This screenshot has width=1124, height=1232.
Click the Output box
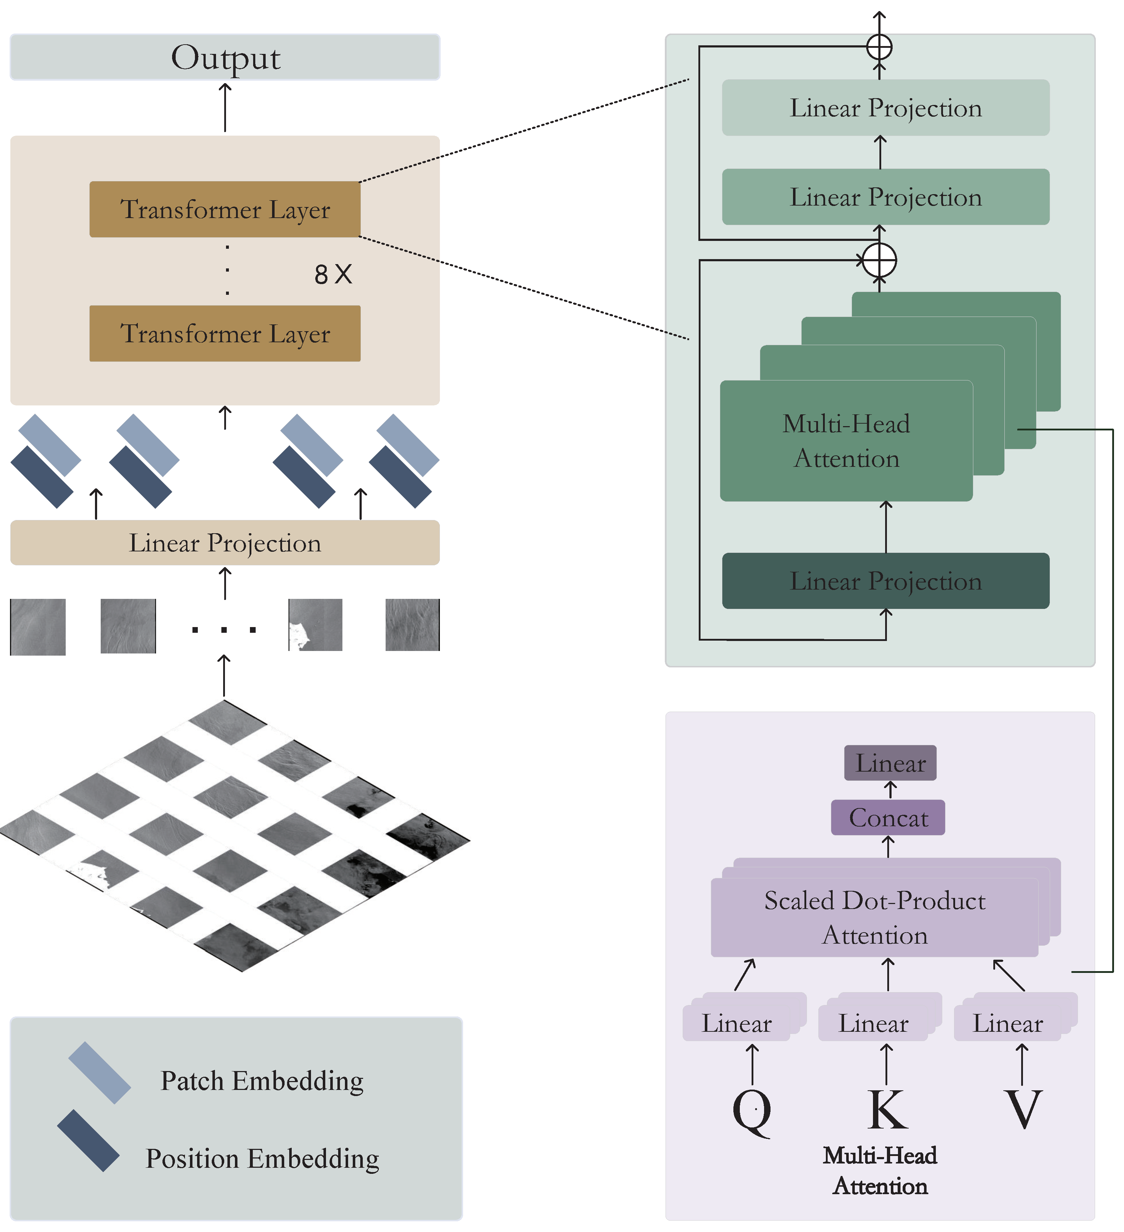pos(225,57)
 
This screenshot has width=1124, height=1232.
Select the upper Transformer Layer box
pos(225,209)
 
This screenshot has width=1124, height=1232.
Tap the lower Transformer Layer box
pos(225,334)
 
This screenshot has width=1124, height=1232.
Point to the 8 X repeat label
pos(333,274)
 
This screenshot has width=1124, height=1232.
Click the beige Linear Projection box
pos(225,543)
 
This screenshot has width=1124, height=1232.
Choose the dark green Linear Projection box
pos(885,581)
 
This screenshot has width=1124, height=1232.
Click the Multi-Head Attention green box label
pos(846,441)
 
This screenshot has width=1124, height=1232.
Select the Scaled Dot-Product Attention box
pos(874,917)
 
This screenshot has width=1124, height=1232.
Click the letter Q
pos(752,1110)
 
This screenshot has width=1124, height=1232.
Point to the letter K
pos(887,1109)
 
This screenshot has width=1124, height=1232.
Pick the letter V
pos(1023,1109)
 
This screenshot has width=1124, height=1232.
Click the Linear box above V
pos(1008,1024)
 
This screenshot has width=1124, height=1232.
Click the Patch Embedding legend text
pos(262,1080)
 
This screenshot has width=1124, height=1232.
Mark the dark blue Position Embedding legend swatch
pos(89,1140)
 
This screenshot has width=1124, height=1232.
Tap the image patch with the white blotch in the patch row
pos(315,625)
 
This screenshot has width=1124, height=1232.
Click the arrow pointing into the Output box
pos(225,107)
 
